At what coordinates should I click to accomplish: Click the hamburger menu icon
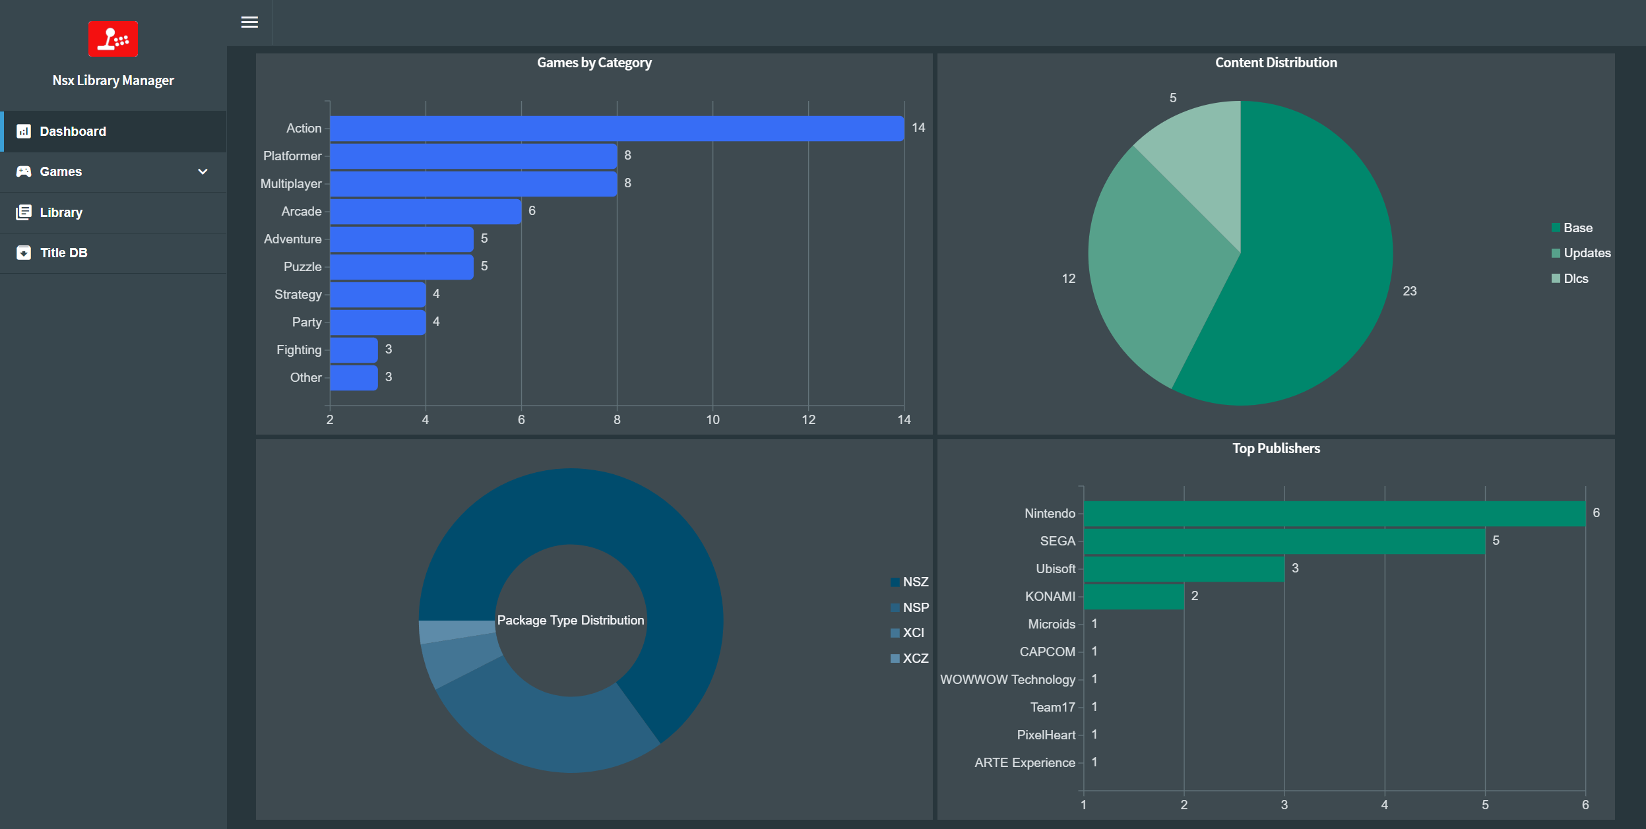pos(249,22)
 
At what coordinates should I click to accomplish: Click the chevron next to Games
pos(203,171)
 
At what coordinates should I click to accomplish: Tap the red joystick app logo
pos(113,39)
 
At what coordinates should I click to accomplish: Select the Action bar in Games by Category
pos(617,129)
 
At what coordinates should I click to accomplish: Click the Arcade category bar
pos(426,212)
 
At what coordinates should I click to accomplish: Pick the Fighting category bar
pos(354,350)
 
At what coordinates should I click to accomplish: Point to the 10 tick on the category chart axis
pos(712,419)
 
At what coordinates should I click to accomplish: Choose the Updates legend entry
pos(1581,253)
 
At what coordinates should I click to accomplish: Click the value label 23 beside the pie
pos(1410,291)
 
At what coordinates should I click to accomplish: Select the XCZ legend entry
pos(910,658)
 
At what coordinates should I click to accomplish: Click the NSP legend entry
pos(910,607)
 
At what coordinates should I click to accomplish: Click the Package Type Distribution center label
pos(571,620)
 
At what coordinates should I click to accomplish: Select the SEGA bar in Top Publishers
pos(1284,541)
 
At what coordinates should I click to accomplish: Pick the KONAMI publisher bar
pos(1134,597)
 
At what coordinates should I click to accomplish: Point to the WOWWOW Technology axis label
pos(1007,679)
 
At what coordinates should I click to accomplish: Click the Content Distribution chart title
pos(1276,63)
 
